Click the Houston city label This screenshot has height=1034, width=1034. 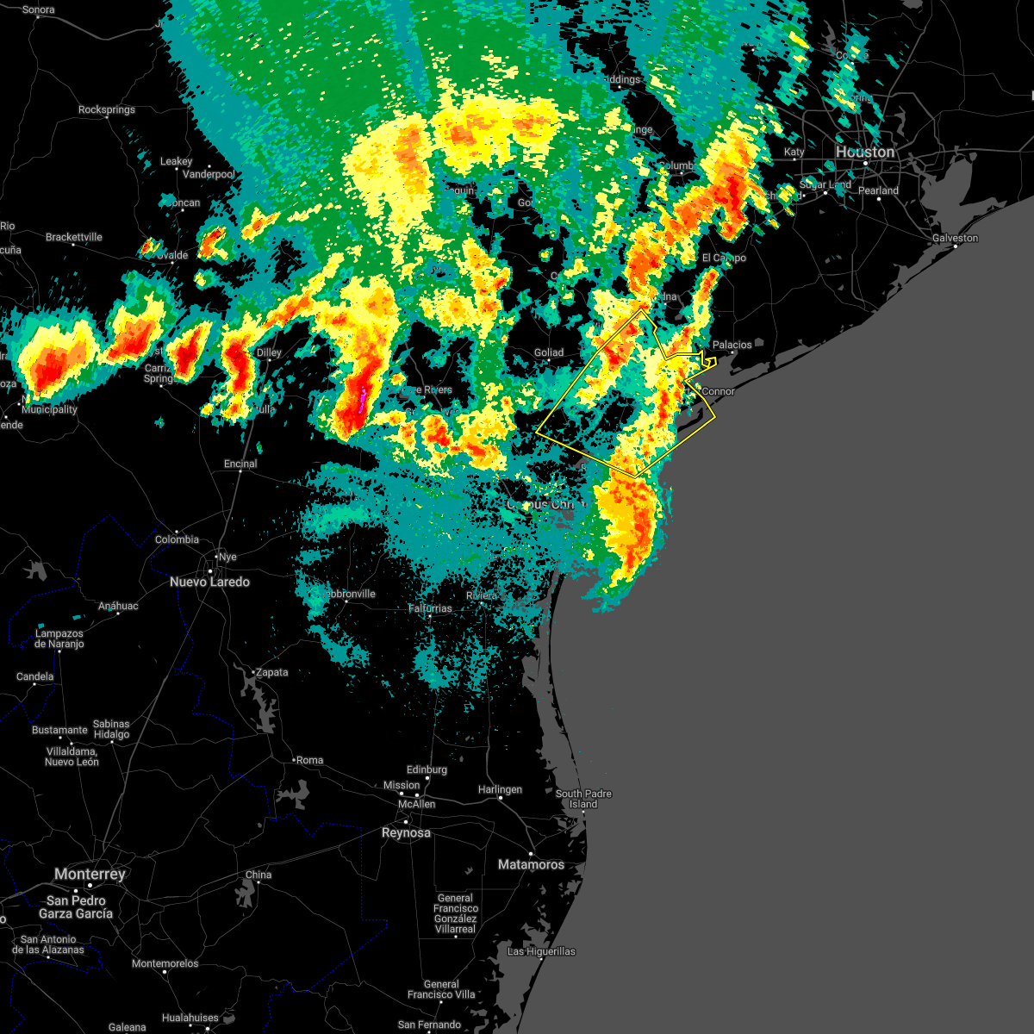coord(865,153)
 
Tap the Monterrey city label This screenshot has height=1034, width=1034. coord(90,874)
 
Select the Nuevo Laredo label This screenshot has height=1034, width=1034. coord(209,582)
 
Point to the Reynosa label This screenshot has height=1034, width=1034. coord(406,833)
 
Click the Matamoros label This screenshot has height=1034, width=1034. coord(531,864)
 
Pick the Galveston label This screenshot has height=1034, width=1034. coord(955,238)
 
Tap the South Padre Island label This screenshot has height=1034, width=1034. coord(583,799)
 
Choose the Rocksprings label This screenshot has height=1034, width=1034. coord(107,110)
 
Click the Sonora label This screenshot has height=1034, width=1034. coord(38,10)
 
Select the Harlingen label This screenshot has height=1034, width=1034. coord(500,789)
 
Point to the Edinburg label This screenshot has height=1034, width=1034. coord(427,769)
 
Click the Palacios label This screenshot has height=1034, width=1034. coord(732,345)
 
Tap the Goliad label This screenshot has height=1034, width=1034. coord(548,352)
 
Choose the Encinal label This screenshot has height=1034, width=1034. coord(240,464)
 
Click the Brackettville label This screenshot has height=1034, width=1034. coord(74,237)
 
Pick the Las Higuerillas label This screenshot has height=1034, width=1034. coord(541,951)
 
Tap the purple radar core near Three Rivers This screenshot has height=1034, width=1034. coord(362,398)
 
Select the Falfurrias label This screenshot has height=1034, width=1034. coord(429,608)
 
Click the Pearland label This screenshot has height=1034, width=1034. coord(878,190)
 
